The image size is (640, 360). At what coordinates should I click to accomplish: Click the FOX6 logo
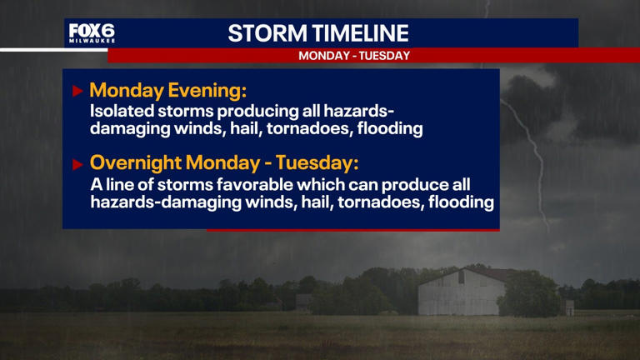tap(92, 31)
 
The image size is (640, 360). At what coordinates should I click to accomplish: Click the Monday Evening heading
tap(168, 90)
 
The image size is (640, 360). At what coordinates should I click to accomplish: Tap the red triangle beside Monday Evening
tap(77, 91)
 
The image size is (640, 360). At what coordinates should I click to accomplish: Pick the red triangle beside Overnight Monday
tap(77, 163)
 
